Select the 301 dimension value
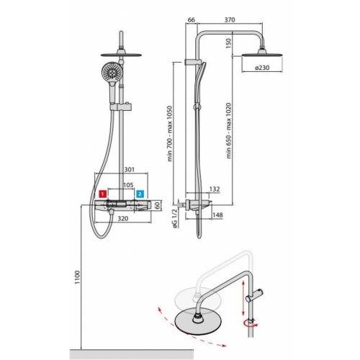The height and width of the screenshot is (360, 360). click(x=130, y=171)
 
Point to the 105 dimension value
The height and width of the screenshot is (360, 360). click(x=127, y=184)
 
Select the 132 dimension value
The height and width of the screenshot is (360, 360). click(x=214, y=189)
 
